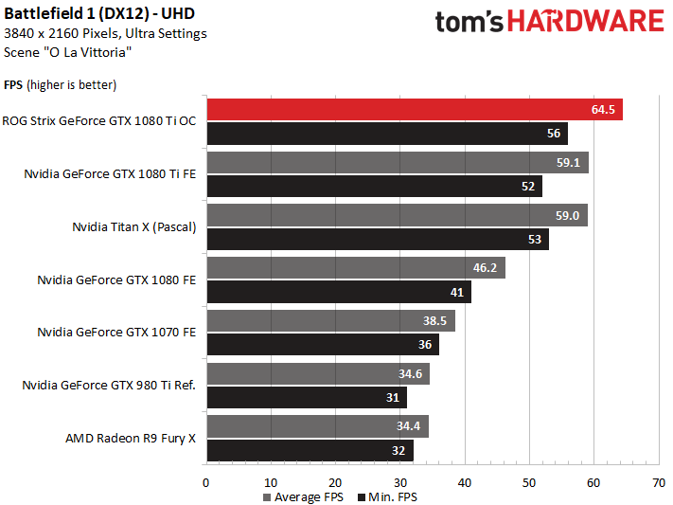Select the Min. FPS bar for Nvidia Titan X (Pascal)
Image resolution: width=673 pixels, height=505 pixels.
pos(377,240)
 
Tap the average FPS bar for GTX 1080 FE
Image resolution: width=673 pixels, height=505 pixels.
pos(355,268)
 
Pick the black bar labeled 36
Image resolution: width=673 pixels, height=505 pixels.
pos(322,345)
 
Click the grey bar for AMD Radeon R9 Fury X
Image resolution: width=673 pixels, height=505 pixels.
pos(317,426)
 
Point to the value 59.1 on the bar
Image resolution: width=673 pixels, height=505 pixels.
pos(568,162)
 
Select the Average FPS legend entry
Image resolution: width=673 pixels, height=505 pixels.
pos(302,497)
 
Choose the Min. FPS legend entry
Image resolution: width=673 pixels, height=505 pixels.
pos(388,497)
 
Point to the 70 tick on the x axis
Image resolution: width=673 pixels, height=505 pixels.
pos(658,482)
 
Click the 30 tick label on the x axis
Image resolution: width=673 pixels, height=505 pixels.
pos(399,482)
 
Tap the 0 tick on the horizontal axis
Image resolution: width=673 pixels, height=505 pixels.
pos(205,482)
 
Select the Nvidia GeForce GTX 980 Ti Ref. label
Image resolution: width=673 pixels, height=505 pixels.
pos(109,386)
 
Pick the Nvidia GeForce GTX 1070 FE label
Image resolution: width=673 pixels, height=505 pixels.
pos(116,333)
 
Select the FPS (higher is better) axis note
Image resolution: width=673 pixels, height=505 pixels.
pos(61,85)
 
